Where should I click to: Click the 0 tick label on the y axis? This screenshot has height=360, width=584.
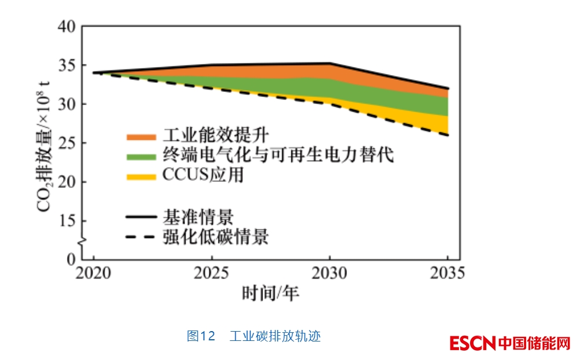pos(71,259)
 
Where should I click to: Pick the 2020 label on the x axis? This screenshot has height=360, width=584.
pos(94,273)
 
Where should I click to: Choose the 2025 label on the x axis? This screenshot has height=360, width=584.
pos(212,273)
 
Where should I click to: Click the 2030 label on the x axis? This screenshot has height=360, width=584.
pos(330,273)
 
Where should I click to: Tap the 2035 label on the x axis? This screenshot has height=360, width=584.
pos(448,273)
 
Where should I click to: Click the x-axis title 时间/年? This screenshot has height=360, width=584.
pos(271,294)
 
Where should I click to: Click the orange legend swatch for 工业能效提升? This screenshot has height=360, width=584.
pos(141,137)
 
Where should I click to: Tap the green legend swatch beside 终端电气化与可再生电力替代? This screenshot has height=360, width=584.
pos(141,157)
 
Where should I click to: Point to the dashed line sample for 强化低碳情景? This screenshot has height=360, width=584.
pos(141,237)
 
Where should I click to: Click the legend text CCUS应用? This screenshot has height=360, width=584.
pos(202,175)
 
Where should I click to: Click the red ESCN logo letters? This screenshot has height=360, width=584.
pos(472,343)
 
